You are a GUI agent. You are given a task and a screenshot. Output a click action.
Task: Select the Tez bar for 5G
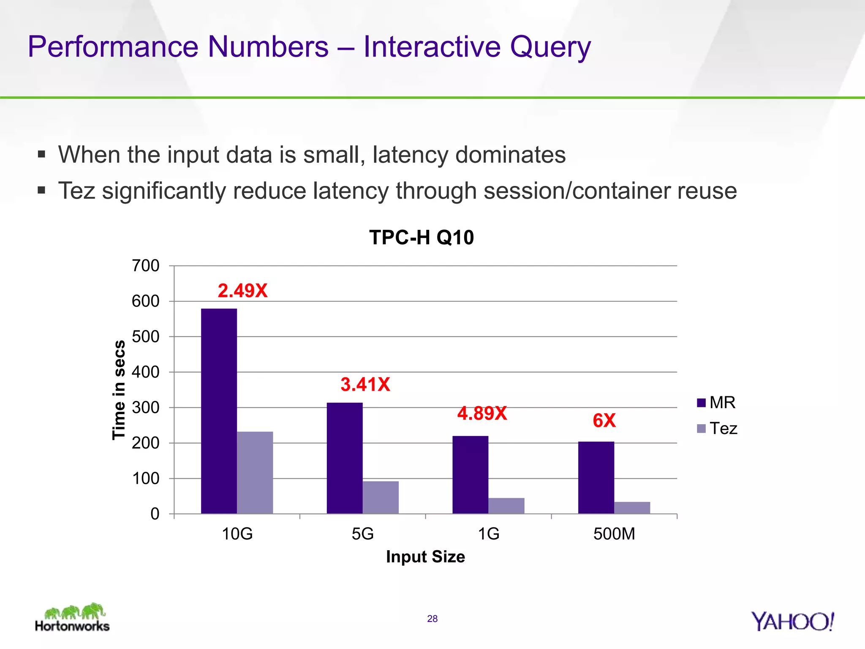(381, 497)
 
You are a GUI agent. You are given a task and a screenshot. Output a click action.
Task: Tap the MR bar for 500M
(596, 477)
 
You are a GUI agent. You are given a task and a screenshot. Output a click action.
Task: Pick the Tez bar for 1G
(506, 506)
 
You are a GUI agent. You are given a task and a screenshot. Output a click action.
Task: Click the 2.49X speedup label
(242, 291)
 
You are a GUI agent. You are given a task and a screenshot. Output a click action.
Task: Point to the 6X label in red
(604, 420)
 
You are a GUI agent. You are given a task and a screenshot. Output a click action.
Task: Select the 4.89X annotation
(482, 413)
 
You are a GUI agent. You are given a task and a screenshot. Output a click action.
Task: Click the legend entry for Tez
(717, 428)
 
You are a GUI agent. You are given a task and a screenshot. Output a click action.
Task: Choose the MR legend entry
(716, 402)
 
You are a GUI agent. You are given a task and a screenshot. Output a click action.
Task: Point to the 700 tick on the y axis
(146, 266)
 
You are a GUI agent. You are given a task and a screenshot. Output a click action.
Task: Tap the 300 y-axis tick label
(146, 408)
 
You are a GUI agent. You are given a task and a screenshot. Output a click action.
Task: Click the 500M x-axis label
(614, 534)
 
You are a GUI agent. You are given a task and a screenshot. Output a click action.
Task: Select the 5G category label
(363, 534)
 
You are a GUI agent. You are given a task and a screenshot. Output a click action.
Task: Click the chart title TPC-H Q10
(422, 237)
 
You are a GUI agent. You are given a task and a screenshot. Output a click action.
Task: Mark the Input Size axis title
(425, 557)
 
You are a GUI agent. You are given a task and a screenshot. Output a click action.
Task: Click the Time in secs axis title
(119, 390)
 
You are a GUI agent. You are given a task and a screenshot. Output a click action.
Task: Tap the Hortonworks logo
(73, 618)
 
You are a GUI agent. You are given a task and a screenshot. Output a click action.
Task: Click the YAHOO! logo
(792, 622)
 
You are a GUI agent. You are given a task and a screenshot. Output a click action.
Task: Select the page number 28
(432, 619)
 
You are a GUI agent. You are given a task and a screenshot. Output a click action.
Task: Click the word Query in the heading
(550, 47)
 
